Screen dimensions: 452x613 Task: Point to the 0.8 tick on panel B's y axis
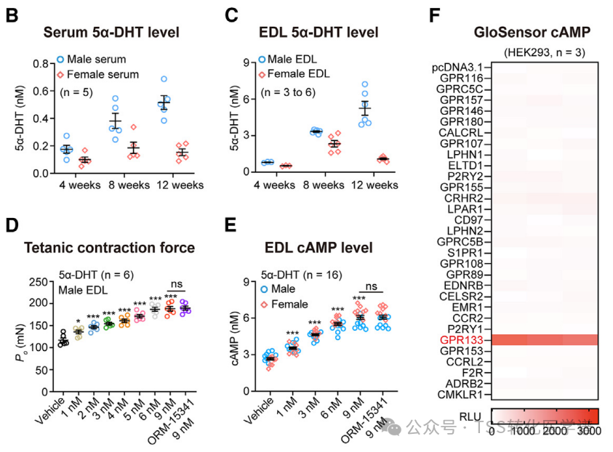[x=43, y=64]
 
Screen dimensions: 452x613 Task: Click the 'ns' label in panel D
[x=175, y=286]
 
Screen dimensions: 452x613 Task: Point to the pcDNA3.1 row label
[x=462, y=67]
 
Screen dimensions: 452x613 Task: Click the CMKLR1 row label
[x=468, y=395]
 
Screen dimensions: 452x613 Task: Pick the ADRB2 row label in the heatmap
[x=470, y=383]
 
